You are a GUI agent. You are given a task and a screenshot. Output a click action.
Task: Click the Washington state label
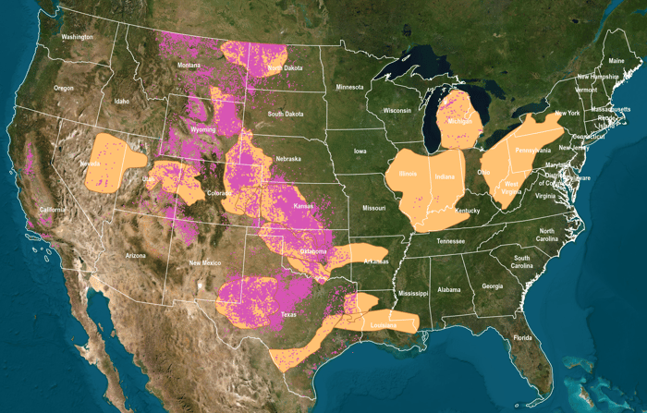[78, 37]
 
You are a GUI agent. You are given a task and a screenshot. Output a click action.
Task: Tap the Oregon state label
[64, 88]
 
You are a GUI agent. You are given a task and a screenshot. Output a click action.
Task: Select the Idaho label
[122, 101]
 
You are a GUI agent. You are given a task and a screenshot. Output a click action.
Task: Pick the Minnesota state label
[350, 87]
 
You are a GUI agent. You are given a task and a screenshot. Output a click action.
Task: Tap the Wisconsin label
[397, 110]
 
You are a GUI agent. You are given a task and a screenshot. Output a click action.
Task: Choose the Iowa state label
[360, 150]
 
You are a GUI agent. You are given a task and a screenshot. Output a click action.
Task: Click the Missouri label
[373, 208]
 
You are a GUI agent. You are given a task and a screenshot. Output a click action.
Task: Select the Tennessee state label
[452, 241]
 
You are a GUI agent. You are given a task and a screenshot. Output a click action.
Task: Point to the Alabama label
[449, 289]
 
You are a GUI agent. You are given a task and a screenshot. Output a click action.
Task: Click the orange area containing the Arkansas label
[360, 257]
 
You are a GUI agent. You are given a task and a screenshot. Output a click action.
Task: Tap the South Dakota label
[287, 114]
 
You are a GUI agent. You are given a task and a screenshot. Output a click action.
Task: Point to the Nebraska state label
[291, 158]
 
